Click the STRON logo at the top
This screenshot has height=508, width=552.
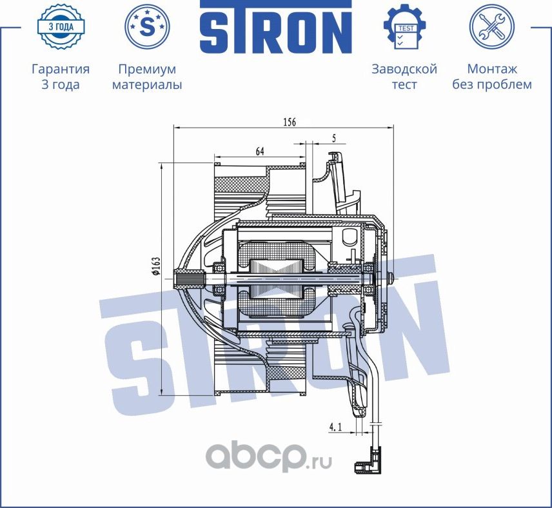[x=275, y=27]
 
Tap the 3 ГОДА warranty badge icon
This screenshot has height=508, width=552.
[x=60, y=26]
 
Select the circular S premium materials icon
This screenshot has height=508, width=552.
[x=147, y=27]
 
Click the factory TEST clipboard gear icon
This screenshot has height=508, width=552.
[x=404, y=27]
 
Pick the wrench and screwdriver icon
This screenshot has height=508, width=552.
[x=491, y=27]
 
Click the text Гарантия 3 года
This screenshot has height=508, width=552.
[x=60, y=77]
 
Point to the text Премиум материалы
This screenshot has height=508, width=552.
[x=147, y=77]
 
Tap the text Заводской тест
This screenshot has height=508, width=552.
[x=404, y=77]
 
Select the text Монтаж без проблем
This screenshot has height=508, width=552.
[x=491, y=77]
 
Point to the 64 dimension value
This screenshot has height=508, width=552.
[x=260, y=151]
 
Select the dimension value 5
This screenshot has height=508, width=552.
[x=333, y=137]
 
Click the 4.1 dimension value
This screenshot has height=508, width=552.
[x=335, y=427]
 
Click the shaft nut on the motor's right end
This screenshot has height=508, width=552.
[x=392, y=278]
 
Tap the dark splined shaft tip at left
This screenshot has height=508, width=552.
[x=188, y=280]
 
